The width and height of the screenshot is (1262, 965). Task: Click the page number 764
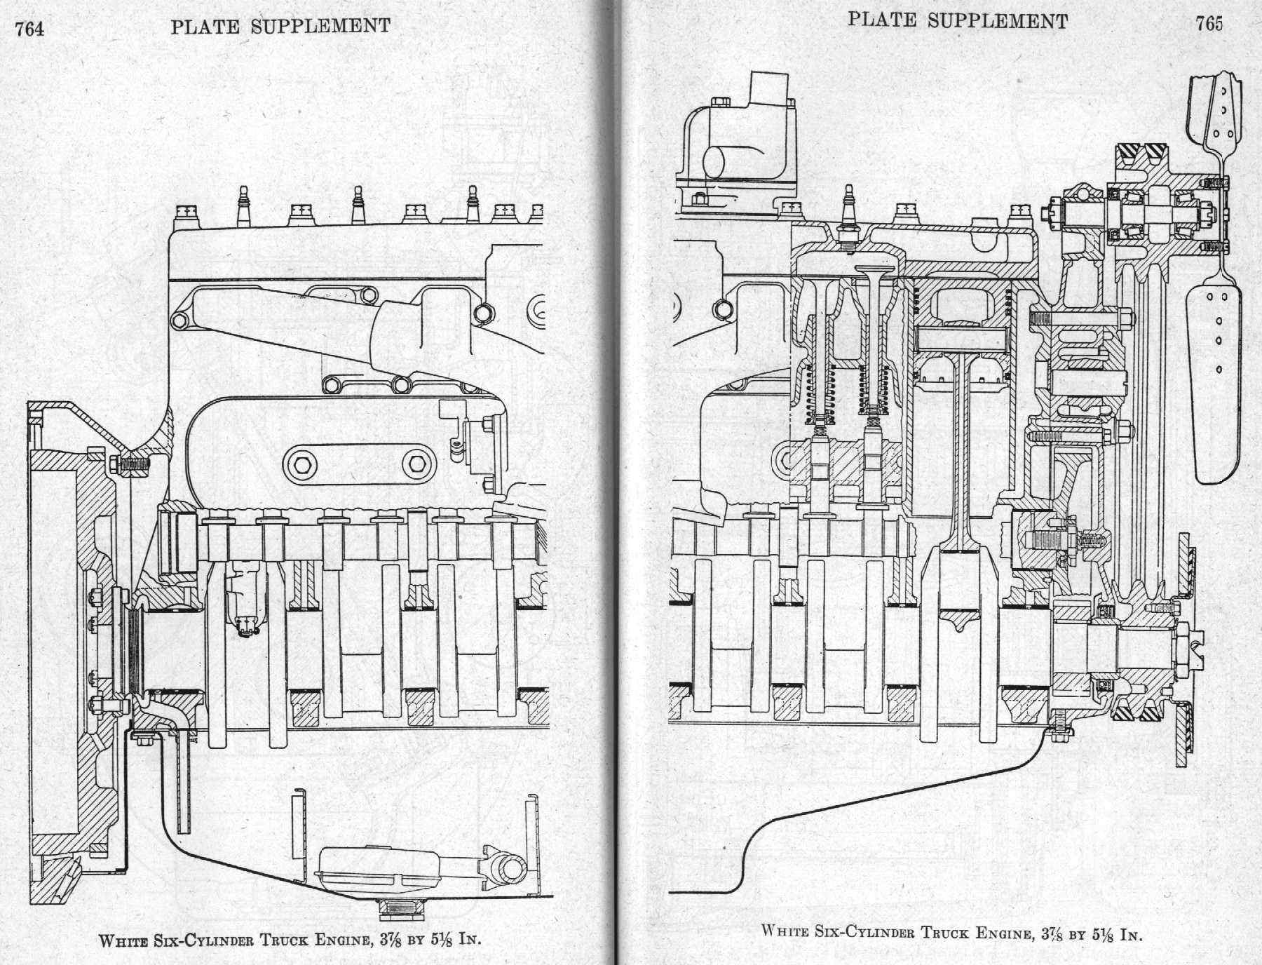coord(29,29)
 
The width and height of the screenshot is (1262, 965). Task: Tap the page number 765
coord(1209,24)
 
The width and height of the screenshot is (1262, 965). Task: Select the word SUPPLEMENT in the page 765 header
coord(997,21)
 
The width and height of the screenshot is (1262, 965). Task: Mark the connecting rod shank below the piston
coord(962,449)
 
